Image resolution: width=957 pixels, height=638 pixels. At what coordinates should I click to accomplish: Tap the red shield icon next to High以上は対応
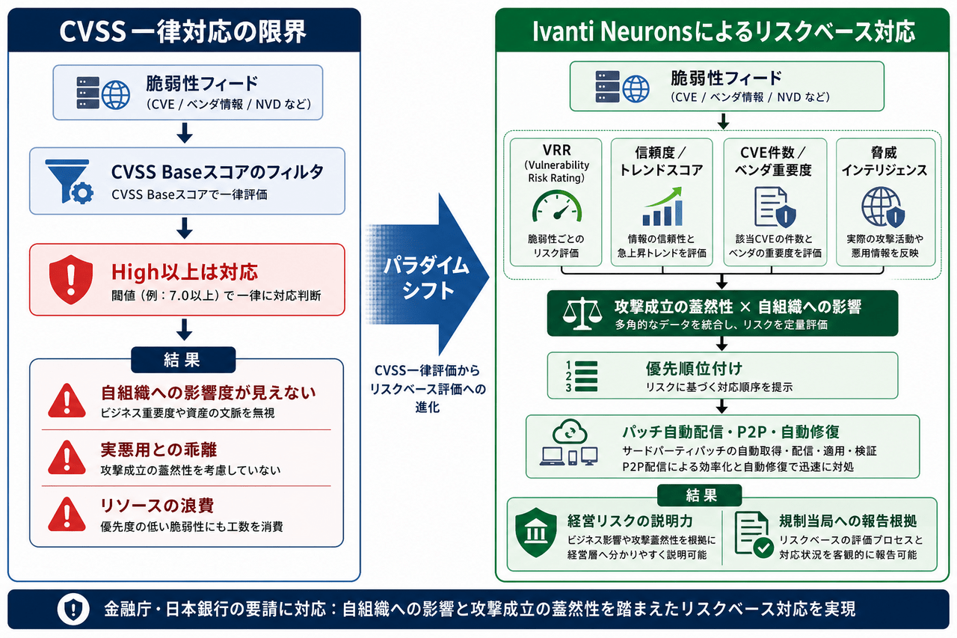coord(71,280)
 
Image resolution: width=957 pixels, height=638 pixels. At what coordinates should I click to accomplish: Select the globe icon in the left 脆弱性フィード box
coord(116,94)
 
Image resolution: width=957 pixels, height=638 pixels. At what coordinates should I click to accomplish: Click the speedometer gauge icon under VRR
coord(557,207)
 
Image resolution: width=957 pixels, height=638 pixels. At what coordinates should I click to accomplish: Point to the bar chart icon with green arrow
coord(662,207)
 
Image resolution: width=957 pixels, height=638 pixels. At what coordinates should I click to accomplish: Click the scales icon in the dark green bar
coord(582,314)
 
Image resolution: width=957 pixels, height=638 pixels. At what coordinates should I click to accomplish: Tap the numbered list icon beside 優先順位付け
coord(582,376)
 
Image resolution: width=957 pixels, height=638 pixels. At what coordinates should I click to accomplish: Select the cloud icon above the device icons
coord(570,432)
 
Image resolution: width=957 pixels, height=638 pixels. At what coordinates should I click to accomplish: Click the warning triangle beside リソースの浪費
coord(67,514)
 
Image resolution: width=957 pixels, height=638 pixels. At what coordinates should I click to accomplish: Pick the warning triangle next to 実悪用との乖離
coord(67,458)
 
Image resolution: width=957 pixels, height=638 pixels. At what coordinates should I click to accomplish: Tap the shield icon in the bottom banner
coord(73,609)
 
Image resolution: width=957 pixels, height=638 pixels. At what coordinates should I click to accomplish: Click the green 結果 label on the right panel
coord(699,495)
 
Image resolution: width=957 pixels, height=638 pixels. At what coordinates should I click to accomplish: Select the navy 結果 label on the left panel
coord(183,360)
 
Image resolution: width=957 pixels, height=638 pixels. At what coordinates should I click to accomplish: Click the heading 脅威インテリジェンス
coord(884,161)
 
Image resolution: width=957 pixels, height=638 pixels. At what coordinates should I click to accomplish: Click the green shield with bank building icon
coord(536,533)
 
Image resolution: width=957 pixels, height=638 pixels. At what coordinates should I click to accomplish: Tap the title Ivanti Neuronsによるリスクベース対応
coord(724,31)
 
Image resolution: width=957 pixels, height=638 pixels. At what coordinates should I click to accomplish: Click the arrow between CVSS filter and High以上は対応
coord(185,228)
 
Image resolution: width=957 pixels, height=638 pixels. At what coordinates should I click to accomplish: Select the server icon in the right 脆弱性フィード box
coord(607,87)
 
